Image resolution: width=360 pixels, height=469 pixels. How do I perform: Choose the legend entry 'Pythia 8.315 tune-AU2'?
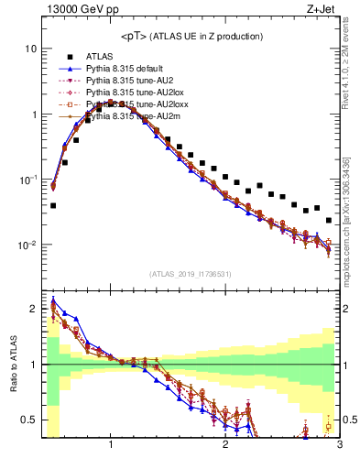tap(129, 81)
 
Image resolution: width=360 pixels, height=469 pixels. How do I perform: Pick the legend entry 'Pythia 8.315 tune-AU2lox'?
tap(134, 93)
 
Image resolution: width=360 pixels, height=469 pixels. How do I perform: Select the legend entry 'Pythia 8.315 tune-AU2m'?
tap(132, 117)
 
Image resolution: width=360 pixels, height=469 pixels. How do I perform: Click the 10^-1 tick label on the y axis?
tap(27, 180)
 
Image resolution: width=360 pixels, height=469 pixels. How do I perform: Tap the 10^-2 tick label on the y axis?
tap(27, 245)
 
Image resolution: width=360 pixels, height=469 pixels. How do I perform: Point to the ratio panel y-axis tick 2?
tap(33, 309)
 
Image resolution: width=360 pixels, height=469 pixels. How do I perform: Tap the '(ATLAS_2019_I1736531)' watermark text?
tap(191, 274)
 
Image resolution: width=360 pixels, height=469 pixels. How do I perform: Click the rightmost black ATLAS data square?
tap(329, 220)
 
